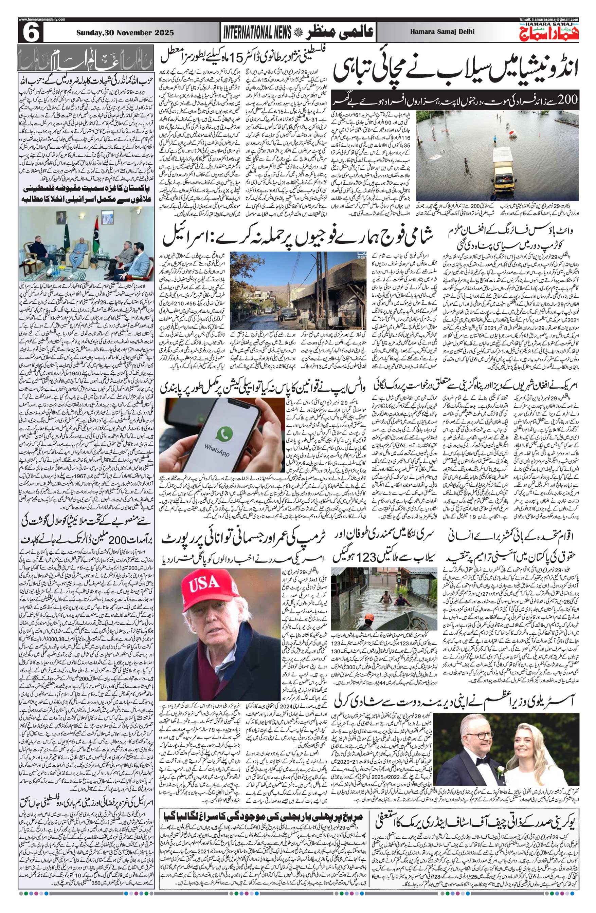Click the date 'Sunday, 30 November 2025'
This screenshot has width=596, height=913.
pos(125,33)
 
